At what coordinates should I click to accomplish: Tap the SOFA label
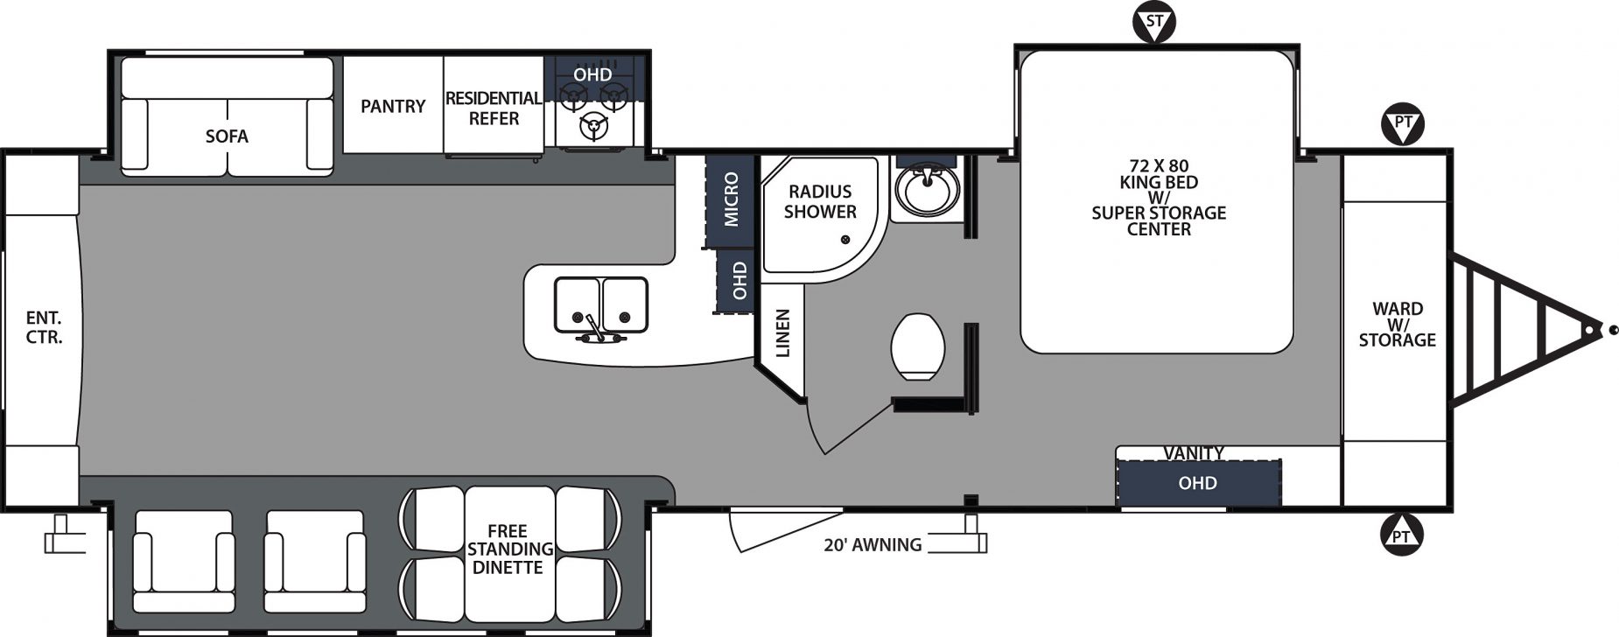coord(227,136)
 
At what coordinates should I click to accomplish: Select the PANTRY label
coord(393,106)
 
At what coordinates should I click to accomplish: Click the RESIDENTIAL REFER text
coord(494,108)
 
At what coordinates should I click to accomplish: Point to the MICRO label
coord(732,200)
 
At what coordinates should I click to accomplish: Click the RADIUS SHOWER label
coord(820,201)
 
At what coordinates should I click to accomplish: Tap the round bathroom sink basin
coord(927,190)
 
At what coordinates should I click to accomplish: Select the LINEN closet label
coord(783,333)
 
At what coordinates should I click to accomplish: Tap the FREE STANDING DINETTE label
coord(509,549)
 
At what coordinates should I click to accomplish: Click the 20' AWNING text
coord(873,545)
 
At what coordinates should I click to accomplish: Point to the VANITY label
coord(1194,452)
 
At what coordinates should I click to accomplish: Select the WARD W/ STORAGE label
coord(1397,325)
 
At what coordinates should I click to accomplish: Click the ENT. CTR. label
coord(44,327)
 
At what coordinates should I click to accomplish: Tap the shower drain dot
coord(845,240)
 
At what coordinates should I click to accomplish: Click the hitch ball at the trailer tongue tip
coord(1612,330)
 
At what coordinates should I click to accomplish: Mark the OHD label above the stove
coord(592,74)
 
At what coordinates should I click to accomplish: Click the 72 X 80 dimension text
coord(1159,165)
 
